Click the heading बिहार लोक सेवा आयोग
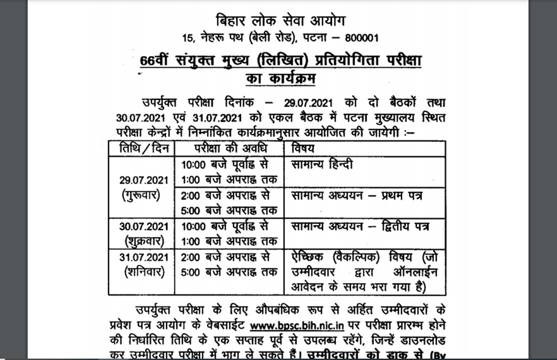pyautogui.click(x=281, y=21)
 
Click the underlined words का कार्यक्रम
pyautogui.click(x=281, y=79)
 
